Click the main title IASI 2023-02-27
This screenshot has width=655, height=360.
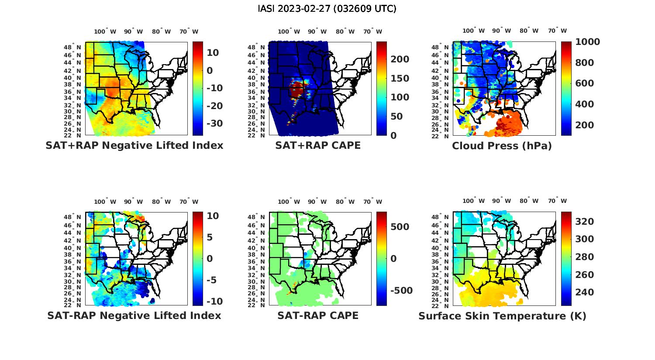(x=327, y=9)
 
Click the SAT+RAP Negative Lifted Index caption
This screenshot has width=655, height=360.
(x=134, y=145)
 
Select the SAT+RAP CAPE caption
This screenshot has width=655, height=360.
(x=318, y=145)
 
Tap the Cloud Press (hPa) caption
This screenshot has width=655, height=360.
(x=502, y=146)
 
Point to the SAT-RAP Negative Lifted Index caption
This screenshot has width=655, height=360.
(x=134, y=315)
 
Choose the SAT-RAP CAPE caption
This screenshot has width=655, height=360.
(x=318, y=315)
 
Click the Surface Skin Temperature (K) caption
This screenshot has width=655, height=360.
(x=502, y=316)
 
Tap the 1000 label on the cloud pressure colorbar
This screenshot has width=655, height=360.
(x=587, y=42)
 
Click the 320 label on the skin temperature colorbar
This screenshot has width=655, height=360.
(x=584, y=222)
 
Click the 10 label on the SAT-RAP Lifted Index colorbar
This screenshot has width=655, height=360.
(x=213, y=216)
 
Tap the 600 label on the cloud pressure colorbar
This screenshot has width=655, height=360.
(x=584, y=83)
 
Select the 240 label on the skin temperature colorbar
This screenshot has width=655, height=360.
(x=584, y=292)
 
